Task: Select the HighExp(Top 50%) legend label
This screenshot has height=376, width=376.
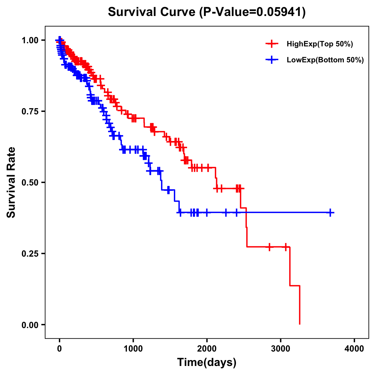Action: coord(320,44)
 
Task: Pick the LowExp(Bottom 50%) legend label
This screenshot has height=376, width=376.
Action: coord(325,60)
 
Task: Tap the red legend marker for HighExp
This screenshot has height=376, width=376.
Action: coord(272,44)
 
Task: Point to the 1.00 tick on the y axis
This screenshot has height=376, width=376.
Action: coord(29,40)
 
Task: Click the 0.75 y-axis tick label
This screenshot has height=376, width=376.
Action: coord(29,111)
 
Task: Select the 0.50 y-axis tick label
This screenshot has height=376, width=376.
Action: coord(29,182)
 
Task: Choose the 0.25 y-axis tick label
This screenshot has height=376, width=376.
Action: coord(29,253)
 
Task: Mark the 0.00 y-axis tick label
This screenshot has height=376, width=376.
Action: coord(29,325)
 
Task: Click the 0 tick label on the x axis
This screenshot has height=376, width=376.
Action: coord(60,349)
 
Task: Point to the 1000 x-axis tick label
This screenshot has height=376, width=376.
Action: coord(133,349)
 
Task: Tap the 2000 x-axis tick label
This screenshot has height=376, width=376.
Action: coord(207,349)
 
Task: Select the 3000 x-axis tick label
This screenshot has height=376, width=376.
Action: coord(281,349)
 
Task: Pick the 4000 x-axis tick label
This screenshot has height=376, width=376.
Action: coord(354,349)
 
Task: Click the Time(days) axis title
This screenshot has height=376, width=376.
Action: coord(207,363)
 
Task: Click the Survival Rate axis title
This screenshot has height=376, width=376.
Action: coord(12,182)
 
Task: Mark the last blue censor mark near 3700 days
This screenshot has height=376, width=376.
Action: coord(330,212)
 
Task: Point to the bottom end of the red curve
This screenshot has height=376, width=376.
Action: coord(300,324)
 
